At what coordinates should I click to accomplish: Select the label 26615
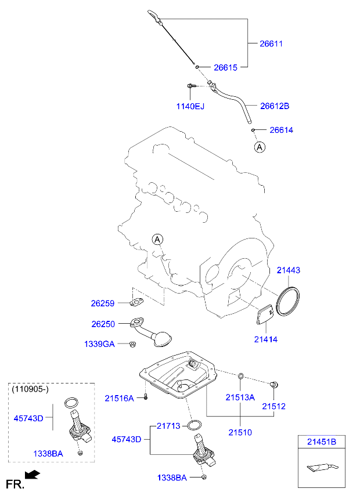pyautogui.click(x=226, y=67)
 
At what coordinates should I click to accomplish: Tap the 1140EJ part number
pyautogui.click(x=190, y=106)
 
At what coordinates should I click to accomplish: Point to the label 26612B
pyautogui.click(x=275, y=106)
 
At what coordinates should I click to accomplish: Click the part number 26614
pyautogui.click(x=282, y=130)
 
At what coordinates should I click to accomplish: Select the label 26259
pyautogui.click(x=103, y=303)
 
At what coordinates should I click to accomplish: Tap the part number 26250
pyautogui.click(x=103, y=324)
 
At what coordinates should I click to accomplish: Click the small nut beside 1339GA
pyautogui.click(x=133, y=345)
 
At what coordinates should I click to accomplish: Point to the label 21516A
pyautogui.click(x=119, y=398)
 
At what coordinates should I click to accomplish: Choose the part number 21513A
pyautogui.click(x=240, y=397)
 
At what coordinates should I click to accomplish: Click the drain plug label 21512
pyautogui.click(x=273, y=406)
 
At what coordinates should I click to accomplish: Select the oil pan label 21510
pyautogui.click(x=240, y=432)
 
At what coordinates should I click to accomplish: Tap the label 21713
pyautogui.click(x=169, y=426)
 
